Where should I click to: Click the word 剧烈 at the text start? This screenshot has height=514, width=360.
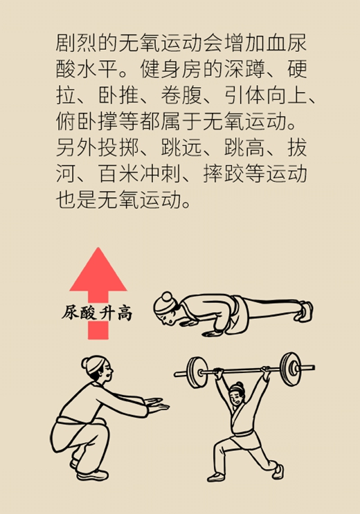click(77, 43)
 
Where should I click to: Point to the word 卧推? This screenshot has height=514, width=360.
click(119, 95)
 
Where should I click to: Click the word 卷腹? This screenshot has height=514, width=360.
click(181, 95)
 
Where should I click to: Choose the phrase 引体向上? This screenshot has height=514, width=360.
click(265, 95)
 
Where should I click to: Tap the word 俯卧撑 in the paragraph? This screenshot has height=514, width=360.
click(87, 121)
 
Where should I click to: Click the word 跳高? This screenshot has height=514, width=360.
click(244, 147)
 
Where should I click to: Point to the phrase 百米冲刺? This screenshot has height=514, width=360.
click(139, 174)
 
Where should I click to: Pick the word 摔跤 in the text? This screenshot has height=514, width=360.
click(223, 174)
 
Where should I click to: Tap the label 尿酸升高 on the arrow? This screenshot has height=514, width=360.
click(97, 313)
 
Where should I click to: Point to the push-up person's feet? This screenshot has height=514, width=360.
click(305, 311)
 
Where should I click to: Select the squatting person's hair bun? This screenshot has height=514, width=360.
click(85, 363)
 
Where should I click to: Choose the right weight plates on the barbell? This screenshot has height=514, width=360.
click(291, 369)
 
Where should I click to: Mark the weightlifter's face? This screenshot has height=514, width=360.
click(237, 397)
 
